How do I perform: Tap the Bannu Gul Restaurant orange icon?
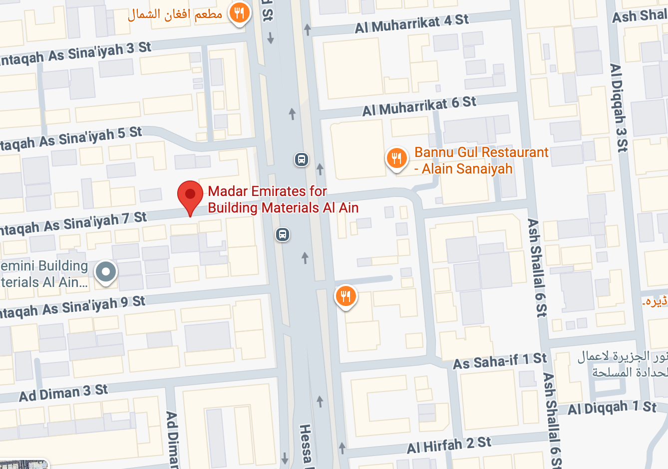[x=396, y=158]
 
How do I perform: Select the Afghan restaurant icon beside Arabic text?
[x=240, y=12]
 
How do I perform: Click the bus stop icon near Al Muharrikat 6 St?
[x=301, y=159]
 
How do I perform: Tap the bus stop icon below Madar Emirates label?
[x=283, y=234]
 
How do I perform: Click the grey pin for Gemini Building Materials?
[x=105, y=272]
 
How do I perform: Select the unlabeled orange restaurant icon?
[x=345, y=296]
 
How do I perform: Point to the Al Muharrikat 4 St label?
[x=411, y=23]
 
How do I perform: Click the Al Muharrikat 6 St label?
[x=419, y=106]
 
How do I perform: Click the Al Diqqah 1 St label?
[x=612, y=408]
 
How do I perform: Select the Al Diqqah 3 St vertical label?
[x=619, y=107]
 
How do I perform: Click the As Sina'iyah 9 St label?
[x=72, y=307]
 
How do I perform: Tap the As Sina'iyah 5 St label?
[x=70, y=138]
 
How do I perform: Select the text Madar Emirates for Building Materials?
[x=283, y=199]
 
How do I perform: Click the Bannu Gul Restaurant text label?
[x=480, y=160]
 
